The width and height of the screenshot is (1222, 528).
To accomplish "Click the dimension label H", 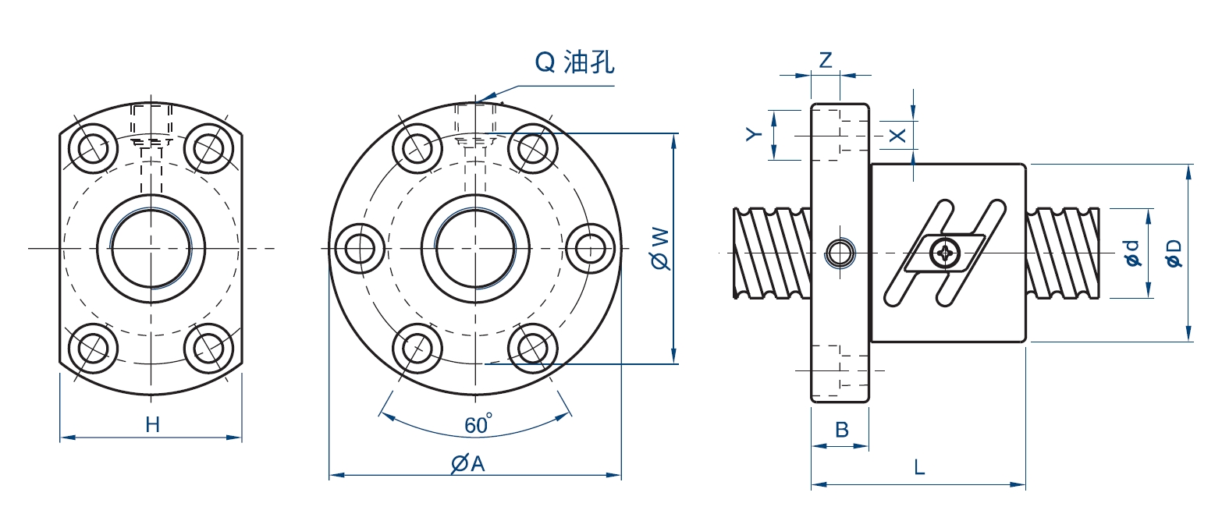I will [152, 425].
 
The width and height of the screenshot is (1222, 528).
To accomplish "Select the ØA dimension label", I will [468, 463].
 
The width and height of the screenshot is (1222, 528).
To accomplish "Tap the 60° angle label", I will [478, 425].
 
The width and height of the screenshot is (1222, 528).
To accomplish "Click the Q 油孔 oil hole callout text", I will [574, 62].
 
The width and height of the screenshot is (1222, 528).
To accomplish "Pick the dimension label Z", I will [826, 60].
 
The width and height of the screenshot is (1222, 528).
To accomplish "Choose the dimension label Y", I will [752, 135].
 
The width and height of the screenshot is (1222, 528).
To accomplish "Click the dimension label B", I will [841, 429].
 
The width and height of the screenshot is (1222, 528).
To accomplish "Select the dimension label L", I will [919, 468].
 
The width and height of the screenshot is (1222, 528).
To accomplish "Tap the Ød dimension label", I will [1132, 253].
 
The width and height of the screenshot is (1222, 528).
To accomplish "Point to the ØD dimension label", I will [1174, 253].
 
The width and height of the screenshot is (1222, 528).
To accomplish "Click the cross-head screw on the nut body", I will [947, 252].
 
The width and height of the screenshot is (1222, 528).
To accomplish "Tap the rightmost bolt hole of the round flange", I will [591, 248].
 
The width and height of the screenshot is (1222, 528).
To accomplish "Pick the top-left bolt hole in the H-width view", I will [94, 146].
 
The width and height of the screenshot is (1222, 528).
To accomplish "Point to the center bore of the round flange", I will [475, 248].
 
